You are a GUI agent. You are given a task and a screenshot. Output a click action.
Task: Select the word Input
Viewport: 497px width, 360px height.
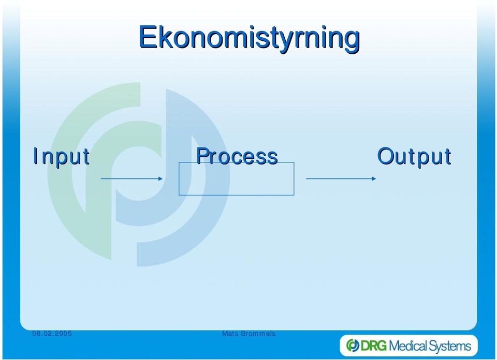point(62,156)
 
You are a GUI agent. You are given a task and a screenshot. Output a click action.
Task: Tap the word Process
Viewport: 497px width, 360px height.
point(237,156)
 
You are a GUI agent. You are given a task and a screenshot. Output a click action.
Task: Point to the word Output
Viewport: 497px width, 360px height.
point(414,156)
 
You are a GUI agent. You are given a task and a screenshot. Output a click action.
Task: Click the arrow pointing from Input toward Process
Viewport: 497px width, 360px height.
point(131,179)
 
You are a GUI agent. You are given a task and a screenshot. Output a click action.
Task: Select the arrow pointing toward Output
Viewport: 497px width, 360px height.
point(341,179)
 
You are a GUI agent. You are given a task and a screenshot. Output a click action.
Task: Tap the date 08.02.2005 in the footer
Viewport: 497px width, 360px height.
point(52,334)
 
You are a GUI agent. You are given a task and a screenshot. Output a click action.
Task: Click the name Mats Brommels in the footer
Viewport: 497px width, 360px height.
point(249,334)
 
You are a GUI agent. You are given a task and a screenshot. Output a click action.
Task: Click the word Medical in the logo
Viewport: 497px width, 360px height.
point(408,346)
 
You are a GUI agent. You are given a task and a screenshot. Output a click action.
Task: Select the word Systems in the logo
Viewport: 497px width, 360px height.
point(449,346)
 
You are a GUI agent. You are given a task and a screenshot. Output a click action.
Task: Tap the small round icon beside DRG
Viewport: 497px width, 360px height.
point(353,346)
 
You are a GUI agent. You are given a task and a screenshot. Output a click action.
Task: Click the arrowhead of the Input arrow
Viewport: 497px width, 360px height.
point(160,179)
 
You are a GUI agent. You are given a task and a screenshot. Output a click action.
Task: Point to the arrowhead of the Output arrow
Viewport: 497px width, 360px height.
point(374,179)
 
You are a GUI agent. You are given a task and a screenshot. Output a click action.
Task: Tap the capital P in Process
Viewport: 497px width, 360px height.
point(203,156)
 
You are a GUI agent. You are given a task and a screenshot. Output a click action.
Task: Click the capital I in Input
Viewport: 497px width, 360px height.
point(36,156)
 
